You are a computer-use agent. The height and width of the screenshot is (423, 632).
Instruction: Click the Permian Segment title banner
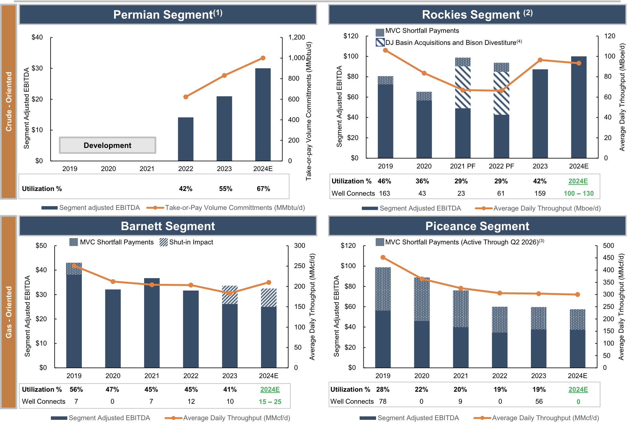tap(168, 15)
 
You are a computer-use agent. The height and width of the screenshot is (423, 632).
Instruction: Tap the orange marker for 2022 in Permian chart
tap(186, 97)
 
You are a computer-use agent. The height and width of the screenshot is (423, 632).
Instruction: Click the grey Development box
tap(107, 145)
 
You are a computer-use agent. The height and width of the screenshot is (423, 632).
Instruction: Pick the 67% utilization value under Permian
tap(263, 189)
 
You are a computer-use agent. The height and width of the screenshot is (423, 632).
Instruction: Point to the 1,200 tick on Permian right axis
tap(296, 37)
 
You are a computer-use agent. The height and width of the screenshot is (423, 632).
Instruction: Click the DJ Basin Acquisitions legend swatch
tap(380, 42)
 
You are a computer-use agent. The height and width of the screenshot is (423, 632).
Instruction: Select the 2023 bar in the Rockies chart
tap(540, 114)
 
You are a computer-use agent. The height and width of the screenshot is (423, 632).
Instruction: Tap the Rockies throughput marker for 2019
tap(385, 50)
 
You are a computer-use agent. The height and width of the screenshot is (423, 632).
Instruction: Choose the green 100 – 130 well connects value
tap(578, 193)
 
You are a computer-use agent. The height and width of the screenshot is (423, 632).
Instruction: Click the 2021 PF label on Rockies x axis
tap(462, 166)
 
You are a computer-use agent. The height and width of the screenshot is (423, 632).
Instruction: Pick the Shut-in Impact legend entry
tap(186, 242)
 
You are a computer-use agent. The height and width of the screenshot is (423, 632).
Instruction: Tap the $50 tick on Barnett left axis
tap(41, 246)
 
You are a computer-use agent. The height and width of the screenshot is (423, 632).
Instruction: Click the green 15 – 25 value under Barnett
tap(270, 402)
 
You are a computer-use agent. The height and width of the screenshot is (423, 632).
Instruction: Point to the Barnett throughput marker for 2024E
tap(269, 282)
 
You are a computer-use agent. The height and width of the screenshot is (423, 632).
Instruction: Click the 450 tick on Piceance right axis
tap(608, 258)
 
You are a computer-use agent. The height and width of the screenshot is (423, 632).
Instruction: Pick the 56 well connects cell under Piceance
tap(539, 402)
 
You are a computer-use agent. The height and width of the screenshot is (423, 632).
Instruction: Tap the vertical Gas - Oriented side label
tap(9, 312)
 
